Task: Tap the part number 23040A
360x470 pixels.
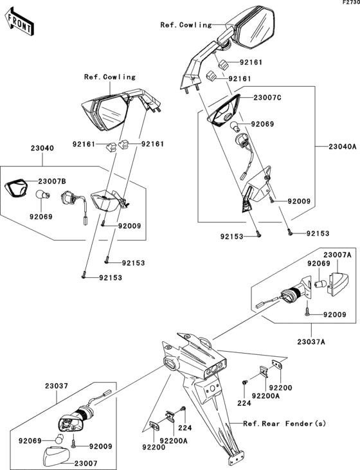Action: tap(343, 147)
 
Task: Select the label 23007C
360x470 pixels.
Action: tap(267, 98)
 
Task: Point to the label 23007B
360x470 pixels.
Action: tap(52, 181)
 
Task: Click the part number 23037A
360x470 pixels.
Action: tap(311, 341)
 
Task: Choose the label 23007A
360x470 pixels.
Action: tap(337, 255)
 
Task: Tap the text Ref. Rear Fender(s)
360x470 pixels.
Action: tap(284, 424)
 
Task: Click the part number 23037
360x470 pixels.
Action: tap(57, 386)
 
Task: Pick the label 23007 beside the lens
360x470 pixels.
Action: tap(85, 463)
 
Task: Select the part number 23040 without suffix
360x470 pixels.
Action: tap(42, 148)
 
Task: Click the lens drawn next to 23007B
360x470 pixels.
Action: tap(16, 188)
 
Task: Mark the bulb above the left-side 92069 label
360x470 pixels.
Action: tap(42, 195)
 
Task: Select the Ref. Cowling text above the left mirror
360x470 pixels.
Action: tap(110, 77)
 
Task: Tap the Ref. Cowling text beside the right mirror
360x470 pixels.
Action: tap(186, 25)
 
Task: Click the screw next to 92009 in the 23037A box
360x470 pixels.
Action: tap(307, 312)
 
